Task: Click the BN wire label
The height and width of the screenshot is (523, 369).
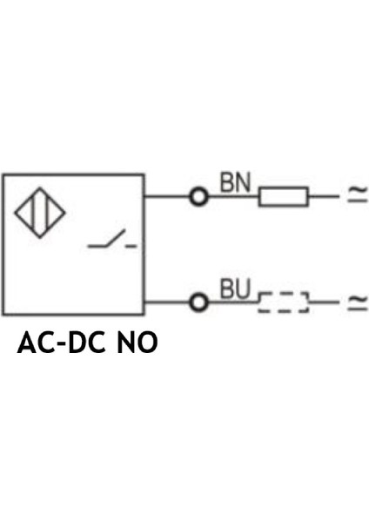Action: (x=234, y=182)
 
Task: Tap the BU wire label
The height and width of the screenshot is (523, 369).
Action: (x=234, y=289)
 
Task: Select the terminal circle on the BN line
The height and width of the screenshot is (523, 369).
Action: (x=199, y=197)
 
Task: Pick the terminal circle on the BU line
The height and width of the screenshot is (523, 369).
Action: (x=199, y=302)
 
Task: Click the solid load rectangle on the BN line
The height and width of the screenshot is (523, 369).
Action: (x=283, y=197)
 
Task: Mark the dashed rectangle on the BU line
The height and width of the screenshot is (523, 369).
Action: (x=284, y=302)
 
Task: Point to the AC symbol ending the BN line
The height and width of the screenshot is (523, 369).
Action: (x=358, y=197)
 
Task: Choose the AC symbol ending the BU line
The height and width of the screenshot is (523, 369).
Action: (x=358, y=302)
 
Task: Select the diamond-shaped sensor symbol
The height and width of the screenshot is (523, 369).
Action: (x=39, y=212)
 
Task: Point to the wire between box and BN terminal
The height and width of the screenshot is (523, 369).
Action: (x=167, y=197)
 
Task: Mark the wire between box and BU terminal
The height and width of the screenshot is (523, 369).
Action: (x=167, y=302)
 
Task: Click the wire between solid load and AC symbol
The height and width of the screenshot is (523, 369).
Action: (x=324, y=197)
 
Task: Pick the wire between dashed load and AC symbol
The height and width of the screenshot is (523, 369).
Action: (x=324, y=302)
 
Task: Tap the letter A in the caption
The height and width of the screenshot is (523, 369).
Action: (x=28, y=343)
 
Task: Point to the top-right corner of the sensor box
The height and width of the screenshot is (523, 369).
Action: (x=144, y=174)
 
